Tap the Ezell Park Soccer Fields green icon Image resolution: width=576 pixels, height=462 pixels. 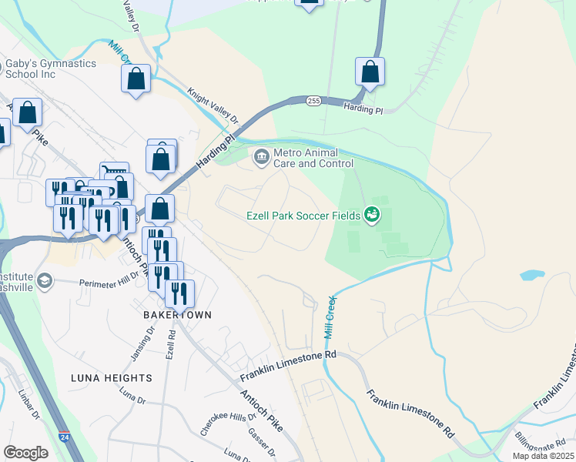point(373,215)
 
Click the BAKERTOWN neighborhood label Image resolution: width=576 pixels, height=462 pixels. point(176,315)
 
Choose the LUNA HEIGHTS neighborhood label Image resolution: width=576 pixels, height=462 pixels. point(111,378)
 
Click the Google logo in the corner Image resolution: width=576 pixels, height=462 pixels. point(25,452)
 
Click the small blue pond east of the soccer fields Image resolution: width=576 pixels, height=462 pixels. point(531,275)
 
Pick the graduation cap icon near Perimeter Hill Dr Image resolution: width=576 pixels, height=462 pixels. point(45,280)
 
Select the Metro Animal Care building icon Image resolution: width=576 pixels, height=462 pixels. point(262,158)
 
